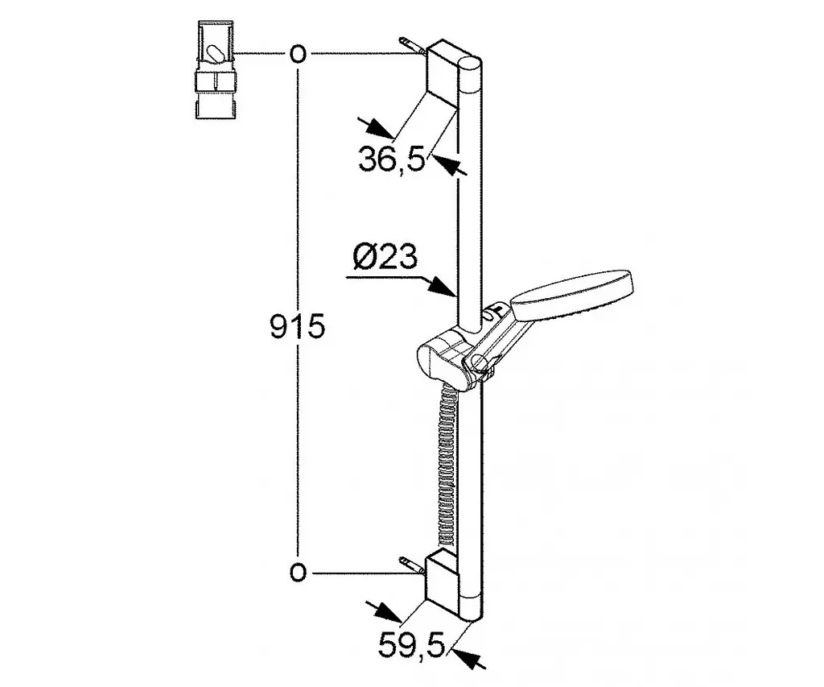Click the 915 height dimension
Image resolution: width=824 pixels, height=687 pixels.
[298, 327]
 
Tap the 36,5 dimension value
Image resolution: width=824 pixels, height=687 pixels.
[392, 159]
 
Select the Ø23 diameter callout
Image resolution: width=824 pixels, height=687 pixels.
[385, 257]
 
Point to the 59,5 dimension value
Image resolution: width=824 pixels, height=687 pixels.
[411, 644]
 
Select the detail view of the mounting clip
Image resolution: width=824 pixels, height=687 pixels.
[216, 69]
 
